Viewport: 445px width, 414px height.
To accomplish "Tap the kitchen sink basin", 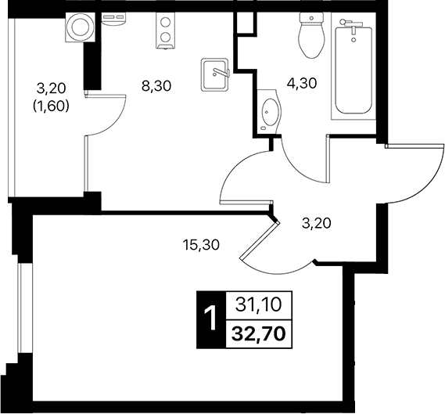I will [x=214, y=73].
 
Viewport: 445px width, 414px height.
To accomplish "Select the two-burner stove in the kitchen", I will [x=164, y=31].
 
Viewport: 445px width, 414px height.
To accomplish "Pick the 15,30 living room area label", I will [x=201, y=244].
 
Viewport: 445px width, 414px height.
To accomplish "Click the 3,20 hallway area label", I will [x=318, y=222].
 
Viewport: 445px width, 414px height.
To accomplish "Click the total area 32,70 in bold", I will [x=258, y=335].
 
